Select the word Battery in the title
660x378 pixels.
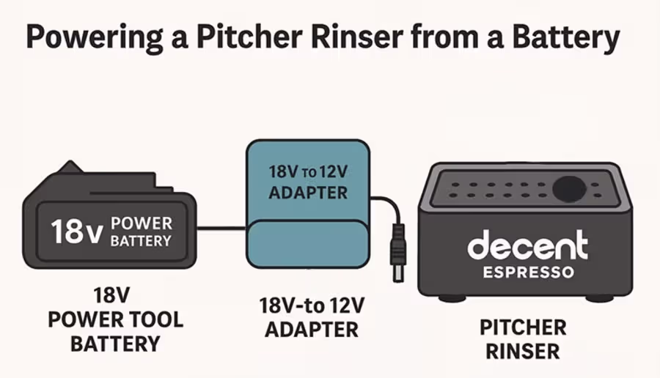click(566, 37)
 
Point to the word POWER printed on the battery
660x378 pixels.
click(142, 223)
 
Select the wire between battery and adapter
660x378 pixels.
click(221, 229)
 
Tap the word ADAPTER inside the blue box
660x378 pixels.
click(307, 193)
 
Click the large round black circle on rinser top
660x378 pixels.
click(569, 188)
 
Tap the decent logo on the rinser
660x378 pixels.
click(527, 247)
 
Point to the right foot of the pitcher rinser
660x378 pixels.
click(599, 297)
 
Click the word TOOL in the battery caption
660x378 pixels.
click(155, 320)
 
